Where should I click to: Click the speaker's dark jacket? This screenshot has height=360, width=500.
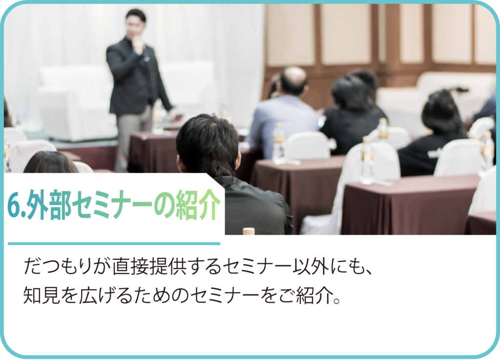(x=136, y=77)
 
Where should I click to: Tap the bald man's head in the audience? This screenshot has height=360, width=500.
(x=293, y=81)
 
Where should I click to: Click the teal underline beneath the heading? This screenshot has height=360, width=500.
(x=114, y=244)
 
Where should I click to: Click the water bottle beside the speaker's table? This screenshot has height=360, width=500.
(x=157, y=118)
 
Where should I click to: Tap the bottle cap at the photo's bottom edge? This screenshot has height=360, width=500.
(x=249, y=231)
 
